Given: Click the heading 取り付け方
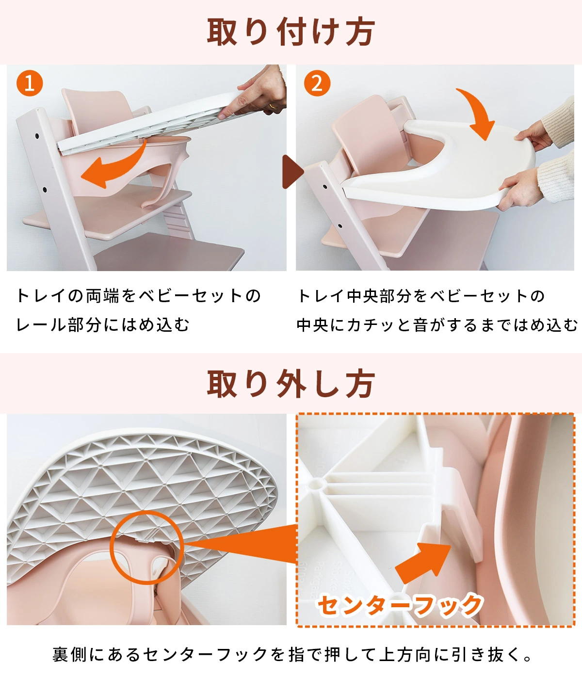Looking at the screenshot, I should [291, 32].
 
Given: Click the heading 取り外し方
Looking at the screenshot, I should [291, 384].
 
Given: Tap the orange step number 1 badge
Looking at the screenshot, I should [30, 83].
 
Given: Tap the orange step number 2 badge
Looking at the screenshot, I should [317, 83].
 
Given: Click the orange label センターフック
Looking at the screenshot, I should [400, 605].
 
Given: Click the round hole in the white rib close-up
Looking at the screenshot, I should [317, 484].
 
